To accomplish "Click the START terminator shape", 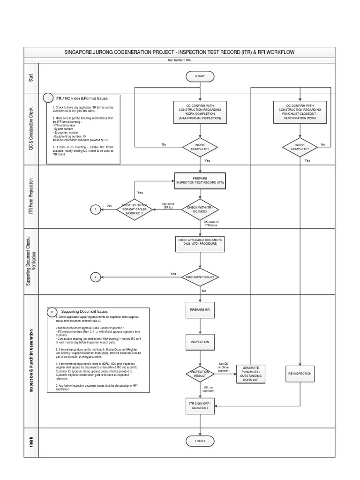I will click(200, 76).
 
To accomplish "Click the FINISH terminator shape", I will click(200, 441).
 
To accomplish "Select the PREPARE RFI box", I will click(200, 310).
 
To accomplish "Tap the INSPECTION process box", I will click(200, 342).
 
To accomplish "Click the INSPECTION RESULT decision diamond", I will click(200, 374).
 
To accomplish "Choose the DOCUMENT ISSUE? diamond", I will click(200, 277).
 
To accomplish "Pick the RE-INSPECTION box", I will click(300, 374).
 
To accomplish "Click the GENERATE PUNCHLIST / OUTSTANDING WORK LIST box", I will click(251, 374).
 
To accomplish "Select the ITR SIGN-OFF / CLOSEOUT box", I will click(200, 406).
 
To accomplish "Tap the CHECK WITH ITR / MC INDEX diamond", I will click(200, 209).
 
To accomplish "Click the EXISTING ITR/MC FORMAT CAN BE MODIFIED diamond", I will click(135, 209).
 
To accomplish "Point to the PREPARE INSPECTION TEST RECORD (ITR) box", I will click(200, 180).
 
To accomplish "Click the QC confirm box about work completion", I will click(200, 113).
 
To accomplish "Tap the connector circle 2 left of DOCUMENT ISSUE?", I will click(96, 277).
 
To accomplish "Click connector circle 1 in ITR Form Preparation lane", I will click(96, 209).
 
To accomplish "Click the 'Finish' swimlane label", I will click(31, 441).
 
